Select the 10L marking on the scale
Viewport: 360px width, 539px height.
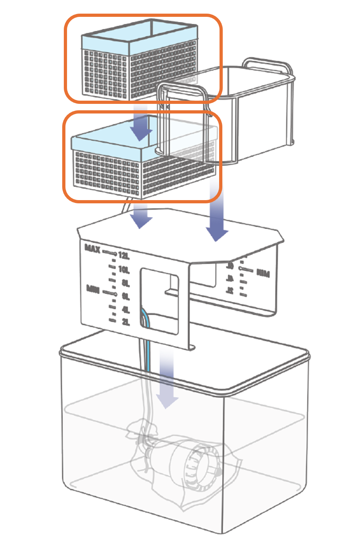124,269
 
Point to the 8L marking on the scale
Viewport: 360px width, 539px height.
125,283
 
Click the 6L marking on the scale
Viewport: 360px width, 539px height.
125,296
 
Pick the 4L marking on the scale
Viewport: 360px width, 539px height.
125,310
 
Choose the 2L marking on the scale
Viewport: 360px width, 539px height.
125,322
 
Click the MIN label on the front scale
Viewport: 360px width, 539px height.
93,289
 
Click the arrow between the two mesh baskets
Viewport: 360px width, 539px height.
141,124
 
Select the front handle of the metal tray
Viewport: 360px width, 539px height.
181,92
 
